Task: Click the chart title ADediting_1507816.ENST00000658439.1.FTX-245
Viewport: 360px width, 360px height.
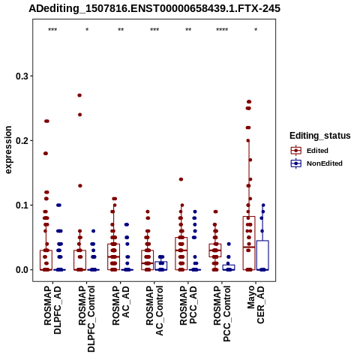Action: click(x=154, y=8)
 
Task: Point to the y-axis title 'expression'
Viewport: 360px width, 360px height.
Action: click(x=8, y=150)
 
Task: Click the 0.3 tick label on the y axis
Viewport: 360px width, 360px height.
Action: click(x=22, y=76)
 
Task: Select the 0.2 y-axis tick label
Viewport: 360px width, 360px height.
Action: click(x=22, y=141)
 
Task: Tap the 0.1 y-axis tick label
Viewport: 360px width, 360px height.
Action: click(x=22, y=205)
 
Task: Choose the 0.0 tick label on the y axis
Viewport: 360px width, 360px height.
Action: click(x=22, y=270)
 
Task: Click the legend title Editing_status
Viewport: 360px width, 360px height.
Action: click(x=320, y=136)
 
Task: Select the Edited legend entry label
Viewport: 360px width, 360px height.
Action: click(x=317, y=151)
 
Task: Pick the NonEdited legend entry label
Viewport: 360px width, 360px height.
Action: click(x=325, y=163)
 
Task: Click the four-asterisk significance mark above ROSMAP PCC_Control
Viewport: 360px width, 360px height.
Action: click(x=222, y=30)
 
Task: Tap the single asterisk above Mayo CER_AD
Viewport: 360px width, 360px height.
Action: click(x=256, y=30)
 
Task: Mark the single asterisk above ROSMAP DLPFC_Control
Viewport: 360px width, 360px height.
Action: click(x=87, y=30)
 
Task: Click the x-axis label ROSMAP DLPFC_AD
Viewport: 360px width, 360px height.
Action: click(x=52, y=310)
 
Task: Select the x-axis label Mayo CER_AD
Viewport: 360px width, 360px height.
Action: click(x=256, y=304)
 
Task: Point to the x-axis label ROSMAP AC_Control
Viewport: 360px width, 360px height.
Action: click(x=154, y=310)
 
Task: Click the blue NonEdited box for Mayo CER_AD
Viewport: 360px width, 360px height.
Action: click(x=262, y=255)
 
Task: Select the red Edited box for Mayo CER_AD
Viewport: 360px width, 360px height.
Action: click(x=249, y=243)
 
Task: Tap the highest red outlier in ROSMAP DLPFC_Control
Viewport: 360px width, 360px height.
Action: click(x=79, y=95)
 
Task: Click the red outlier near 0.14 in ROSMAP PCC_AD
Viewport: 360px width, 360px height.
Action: click(x=181, y=179)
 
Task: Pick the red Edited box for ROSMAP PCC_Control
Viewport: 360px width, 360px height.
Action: click(x=215, y=250)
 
